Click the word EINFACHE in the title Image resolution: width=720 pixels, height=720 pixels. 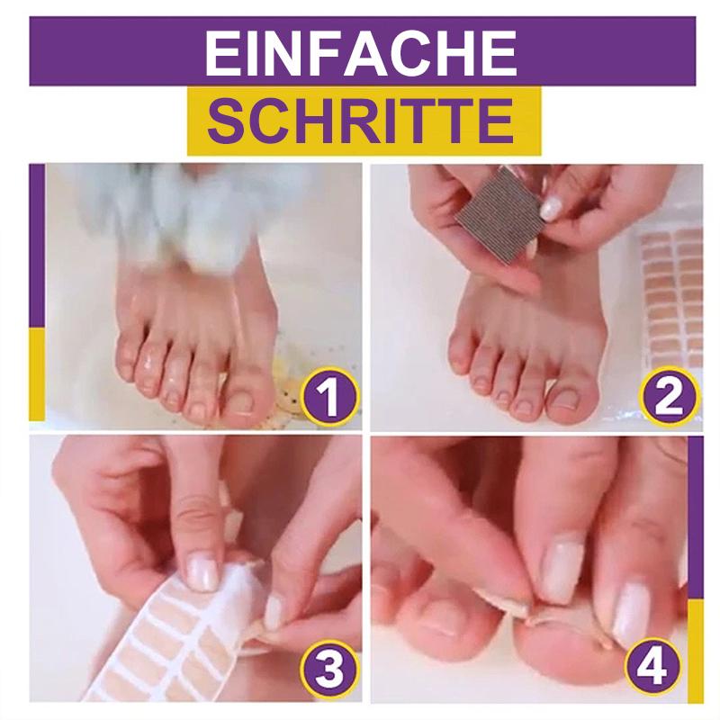(x=361, y=53)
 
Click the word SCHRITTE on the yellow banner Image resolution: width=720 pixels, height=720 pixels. (x=361, y=121)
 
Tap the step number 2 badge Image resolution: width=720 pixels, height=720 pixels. (x=669, y=396)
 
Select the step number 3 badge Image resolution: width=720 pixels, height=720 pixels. (x=329, y=669)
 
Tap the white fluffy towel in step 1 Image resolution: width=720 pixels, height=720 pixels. (x=193, y=211)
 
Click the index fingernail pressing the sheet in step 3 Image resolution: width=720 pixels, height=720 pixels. (x=202, y=571)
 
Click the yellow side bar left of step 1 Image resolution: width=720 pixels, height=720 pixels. (x=37, y=373)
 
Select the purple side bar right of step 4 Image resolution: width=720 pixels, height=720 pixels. (x=695, y=517)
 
